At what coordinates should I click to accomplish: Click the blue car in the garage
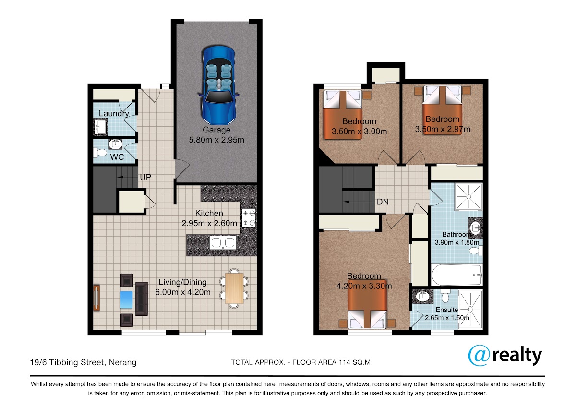click(x=218, y=85)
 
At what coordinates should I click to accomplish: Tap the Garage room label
click(x=216, y=130)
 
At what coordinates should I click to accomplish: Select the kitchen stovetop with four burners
click(x=249, y=218)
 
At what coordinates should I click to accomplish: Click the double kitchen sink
click(x=223, y=242)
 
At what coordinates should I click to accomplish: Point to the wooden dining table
click(x=234, y=288)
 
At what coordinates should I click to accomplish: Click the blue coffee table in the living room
click(x=126, y=300)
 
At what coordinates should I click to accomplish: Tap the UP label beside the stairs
click(x=145, y=177)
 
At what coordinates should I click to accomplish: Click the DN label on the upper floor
click(x=383, y=202)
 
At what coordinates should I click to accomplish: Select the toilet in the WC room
click(x=100, y=153)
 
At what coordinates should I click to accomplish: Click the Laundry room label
click(x=114, y=113)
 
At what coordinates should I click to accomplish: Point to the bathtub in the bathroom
click(x=456, y=275)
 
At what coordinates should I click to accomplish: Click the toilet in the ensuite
click(x=445, y=296)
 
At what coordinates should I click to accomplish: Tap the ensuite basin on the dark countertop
click(x=422, y=297)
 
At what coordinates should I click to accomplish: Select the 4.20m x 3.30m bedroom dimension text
click(x=364, y=286)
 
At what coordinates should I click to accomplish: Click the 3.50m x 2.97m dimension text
click(x=443, y=129)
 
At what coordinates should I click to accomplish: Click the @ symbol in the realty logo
click(x=480, y=355)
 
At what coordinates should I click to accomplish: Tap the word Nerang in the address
click(x=123, y=362)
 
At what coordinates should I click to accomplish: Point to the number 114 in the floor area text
click(x=345, y=362)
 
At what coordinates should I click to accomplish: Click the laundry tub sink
click(x=100, y=127)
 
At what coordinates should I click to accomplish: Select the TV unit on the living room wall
click(x=96, y=298)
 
